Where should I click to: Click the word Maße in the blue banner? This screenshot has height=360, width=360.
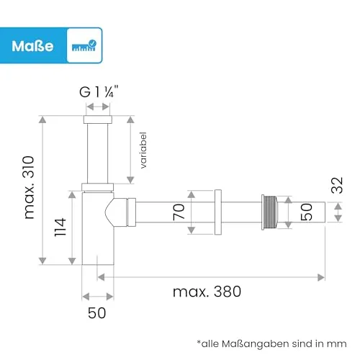32,46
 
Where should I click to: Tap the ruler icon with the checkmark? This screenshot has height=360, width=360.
84,45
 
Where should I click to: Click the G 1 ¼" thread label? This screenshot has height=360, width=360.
99,91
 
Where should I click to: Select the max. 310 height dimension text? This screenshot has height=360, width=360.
29,187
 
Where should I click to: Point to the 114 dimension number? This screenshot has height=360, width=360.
60,228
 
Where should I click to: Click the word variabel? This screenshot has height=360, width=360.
143,150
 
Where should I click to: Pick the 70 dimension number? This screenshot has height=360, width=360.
179,212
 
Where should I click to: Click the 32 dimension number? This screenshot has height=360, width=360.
337,185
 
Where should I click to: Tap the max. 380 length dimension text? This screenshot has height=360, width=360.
207,292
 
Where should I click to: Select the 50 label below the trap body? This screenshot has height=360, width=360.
96,313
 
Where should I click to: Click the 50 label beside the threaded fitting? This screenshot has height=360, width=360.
307,212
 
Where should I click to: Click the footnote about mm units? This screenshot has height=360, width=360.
271,343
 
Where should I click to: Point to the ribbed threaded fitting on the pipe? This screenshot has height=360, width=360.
269,212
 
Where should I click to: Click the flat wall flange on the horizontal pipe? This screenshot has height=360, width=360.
218,212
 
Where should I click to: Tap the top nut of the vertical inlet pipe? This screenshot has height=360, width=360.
98,120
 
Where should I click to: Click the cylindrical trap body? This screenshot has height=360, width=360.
98,228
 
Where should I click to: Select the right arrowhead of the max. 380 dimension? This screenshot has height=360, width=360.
321,277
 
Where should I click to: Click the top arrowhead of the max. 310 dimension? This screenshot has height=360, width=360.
42,120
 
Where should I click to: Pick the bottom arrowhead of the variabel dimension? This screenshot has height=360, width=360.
130,180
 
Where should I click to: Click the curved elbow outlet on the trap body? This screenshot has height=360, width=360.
120,212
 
